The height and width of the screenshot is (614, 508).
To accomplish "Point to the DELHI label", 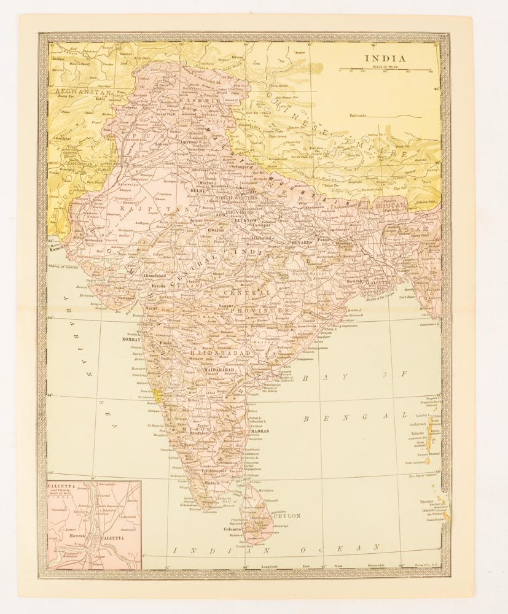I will tap(198, 191).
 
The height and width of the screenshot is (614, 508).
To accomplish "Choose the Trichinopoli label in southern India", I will tap(211, 472).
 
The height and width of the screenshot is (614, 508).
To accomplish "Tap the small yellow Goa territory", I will tap(159, 394).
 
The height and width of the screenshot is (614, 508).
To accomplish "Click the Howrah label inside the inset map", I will tap(76, 535).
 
